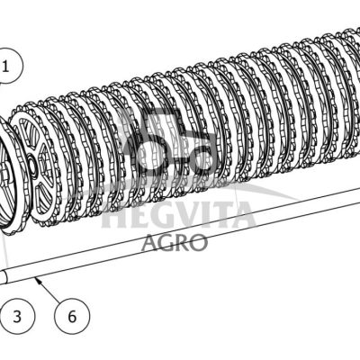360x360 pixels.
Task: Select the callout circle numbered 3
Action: pyautogui.click(x=18, y=317)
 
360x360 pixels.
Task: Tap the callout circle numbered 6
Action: pyautogui.click(x=72, y=317)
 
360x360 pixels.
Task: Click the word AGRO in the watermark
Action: pyautogui.click(x=175, y=242)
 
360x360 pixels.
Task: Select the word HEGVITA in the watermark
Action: pyautogui.click(x=178, y=214)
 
